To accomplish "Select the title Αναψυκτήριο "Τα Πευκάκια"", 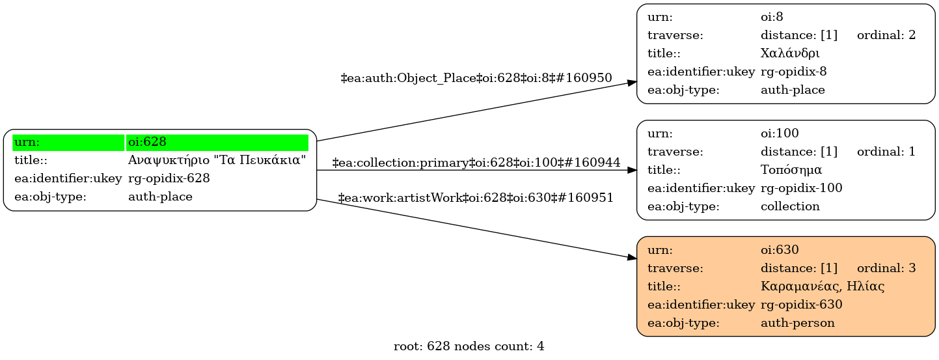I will [217, 160].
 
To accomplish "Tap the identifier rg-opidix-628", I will [169, 178].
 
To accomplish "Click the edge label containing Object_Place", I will [476, 78].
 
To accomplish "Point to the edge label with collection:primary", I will [476, 162].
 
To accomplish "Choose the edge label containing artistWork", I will [476, 197].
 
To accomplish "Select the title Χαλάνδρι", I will [790, 53].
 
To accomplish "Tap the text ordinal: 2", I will [886, 35].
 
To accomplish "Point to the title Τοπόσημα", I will [791, 170].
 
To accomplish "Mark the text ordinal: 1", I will [886, 152].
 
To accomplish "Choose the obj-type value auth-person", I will [797, 322].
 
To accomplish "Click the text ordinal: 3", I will [886, 268].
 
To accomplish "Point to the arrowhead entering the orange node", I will [632, 258].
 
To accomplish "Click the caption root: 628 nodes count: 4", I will [469, 347].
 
